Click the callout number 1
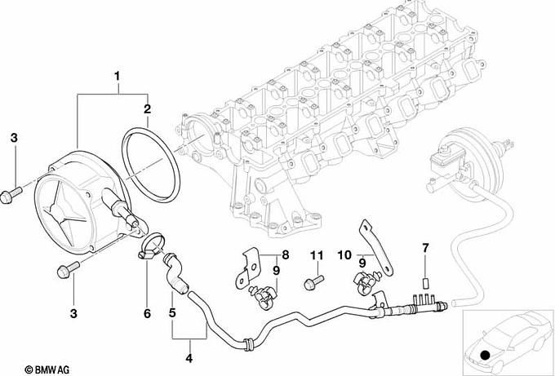tap(117, 76)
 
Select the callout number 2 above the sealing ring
tap(147, 109)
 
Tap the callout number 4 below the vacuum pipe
tap(189, 358)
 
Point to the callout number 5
tap(172, 313)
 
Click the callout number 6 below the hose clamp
tap(147, 313)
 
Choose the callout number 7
tap(425, 248)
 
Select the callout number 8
tap(286, 254)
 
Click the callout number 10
tap(344, 254)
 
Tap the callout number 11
tap(317, 254)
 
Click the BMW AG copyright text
tap(47, 369)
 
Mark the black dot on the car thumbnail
tap(485, 355)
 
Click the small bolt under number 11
tap(313, 282)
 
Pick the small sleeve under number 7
tap(426, 283)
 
